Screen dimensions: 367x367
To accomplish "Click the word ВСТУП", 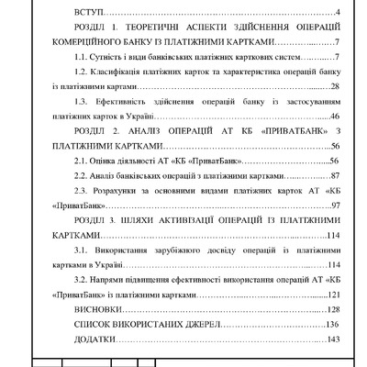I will point(88,12).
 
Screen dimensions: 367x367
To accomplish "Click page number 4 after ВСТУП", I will point(339,12).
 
